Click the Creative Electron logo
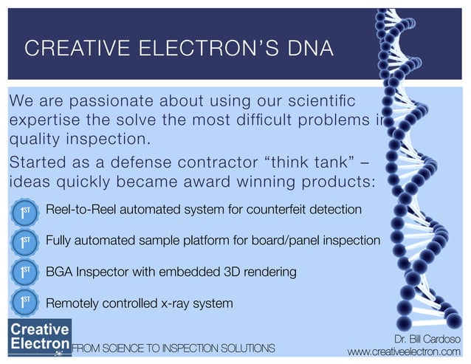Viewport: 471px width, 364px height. point(39,336)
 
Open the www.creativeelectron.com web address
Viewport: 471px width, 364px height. point(408,351)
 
